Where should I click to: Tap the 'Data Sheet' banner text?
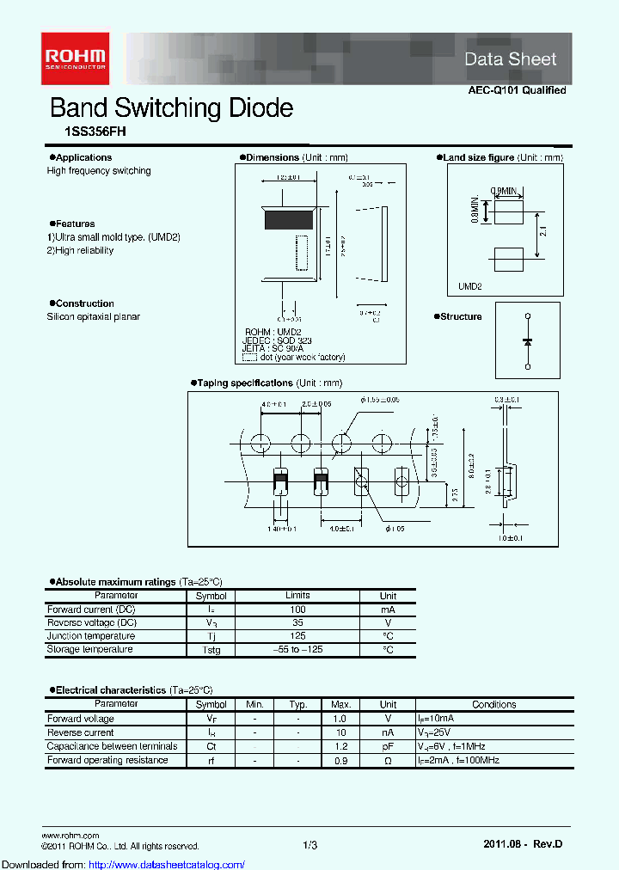[511, 59]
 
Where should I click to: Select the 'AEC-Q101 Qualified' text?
[517, 90]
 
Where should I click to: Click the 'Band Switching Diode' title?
[171, 108]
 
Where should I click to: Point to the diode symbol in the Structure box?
[527, 341]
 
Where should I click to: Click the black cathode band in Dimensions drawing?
[289, 220]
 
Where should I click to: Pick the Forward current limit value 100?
[297, 609]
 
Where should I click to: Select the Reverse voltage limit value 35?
[297, 622]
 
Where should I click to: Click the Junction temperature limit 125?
[297, 636]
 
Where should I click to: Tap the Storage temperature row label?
[89, 650]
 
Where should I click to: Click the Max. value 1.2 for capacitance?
[340, 746]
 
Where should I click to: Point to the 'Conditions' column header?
[494, 704]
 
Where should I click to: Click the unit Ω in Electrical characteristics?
[388, 760]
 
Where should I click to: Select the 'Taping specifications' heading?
[246, 383]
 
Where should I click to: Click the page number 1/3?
[310, 846]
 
